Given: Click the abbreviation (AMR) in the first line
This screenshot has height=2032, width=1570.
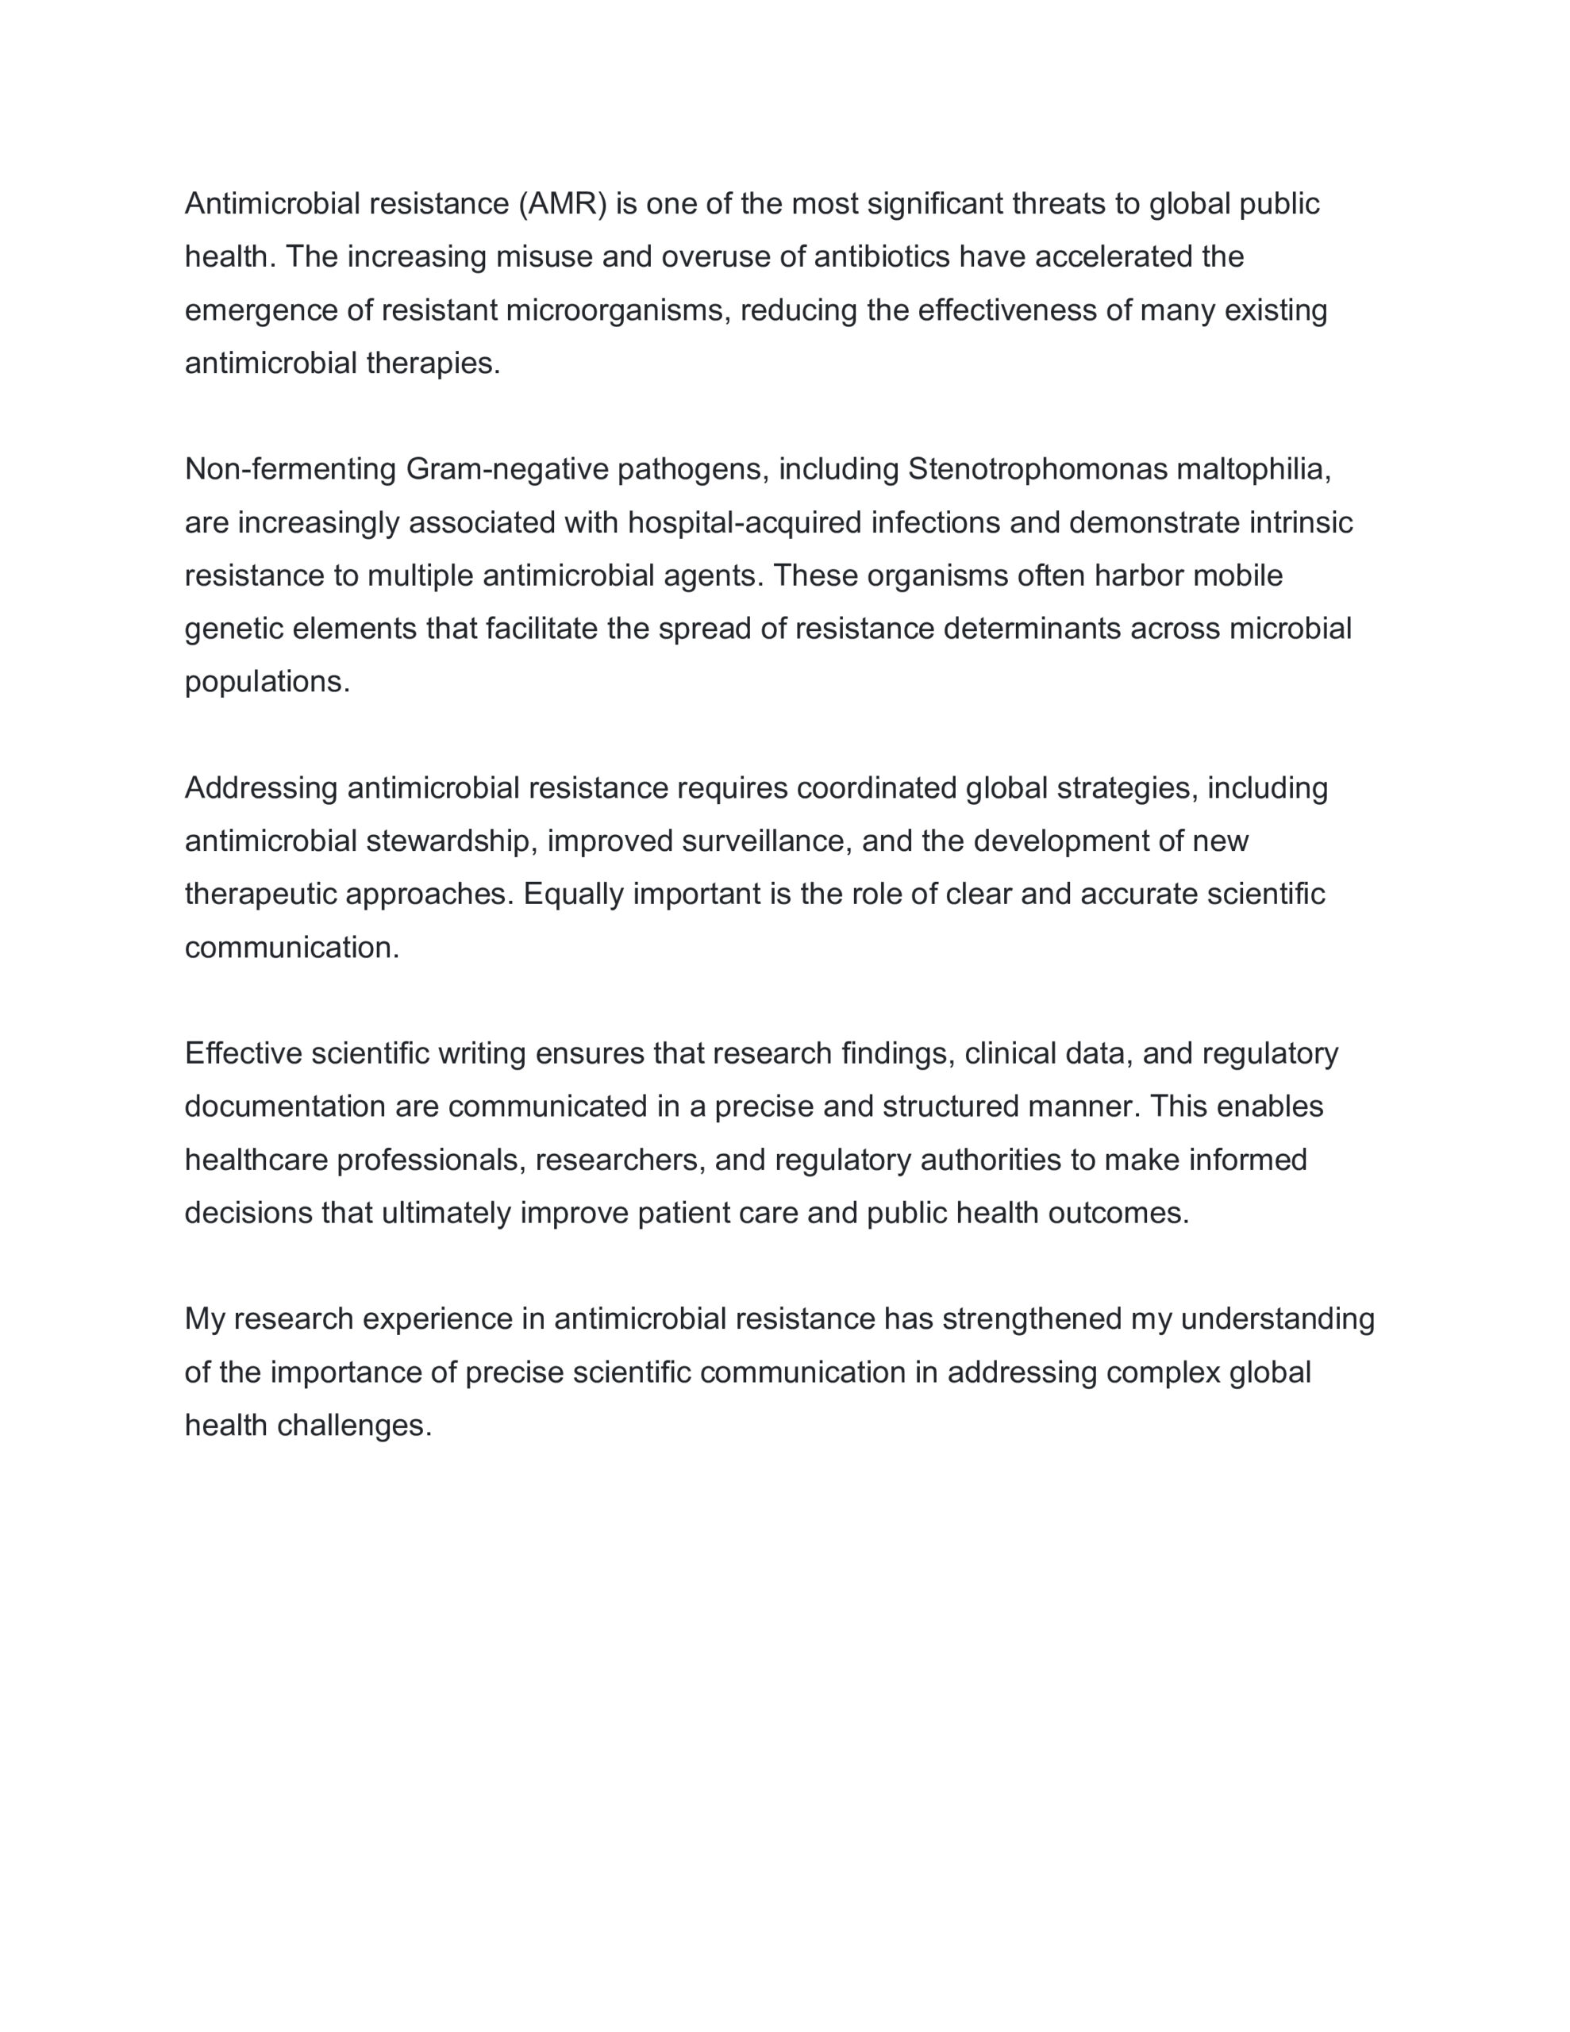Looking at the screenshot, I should click(562, 204).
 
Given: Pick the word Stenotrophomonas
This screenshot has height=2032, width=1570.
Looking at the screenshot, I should click(1037, 470).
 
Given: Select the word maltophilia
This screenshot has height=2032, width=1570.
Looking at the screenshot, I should click(1253, 470).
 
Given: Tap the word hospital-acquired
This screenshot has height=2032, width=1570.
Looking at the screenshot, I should click(745, 523).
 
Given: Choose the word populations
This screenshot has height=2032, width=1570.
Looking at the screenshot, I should click(266, 682).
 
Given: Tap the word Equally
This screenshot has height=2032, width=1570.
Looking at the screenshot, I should click(573, 894).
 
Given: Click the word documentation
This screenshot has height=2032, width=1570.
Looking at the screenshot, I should click(285, 1106).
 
